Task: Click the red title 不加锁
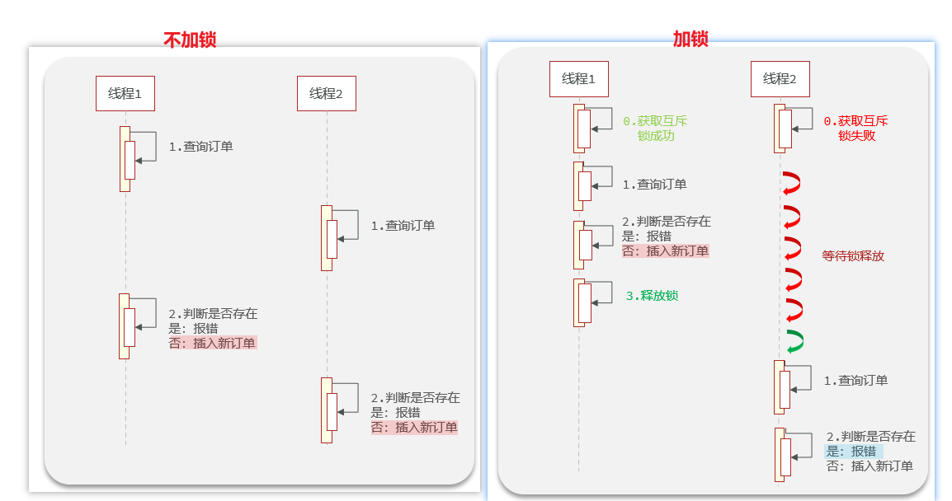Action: point(190,40)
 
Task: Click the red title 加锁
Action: point(690,38)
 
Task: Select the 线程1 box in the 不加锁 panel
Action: point(125,94)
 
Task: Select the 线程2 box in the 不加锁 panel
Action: point(326,94)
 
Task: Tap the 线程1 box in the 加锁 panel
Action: point(578,79)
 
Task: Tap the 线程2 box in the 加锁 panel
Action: point(780,79)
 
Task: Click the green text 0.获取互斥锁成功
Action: point(655,129)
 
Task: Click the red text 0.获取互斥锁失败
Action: point(856,129)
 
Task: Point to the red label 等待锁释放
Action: point(853,256)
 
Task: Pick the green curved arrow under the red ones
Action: point(794,342)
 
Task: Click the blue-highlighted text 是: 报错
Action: point(852,452)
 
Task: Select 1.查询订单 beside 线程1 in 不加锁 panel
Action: point(200,147)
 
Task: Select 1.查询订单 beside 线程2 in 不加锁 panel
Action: point(402,226)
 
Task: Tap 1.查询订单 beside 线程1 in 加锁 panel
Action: point(654,185)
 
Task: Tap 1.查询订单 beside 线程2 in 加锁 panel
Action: point(855,381)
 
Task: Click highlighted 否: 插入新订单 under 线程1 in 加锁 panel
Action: point(665,251)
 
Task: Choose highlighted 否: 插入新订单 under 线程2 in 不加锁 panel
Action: point(413,428)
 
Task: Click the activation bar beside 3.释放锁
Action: point(580,302)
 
